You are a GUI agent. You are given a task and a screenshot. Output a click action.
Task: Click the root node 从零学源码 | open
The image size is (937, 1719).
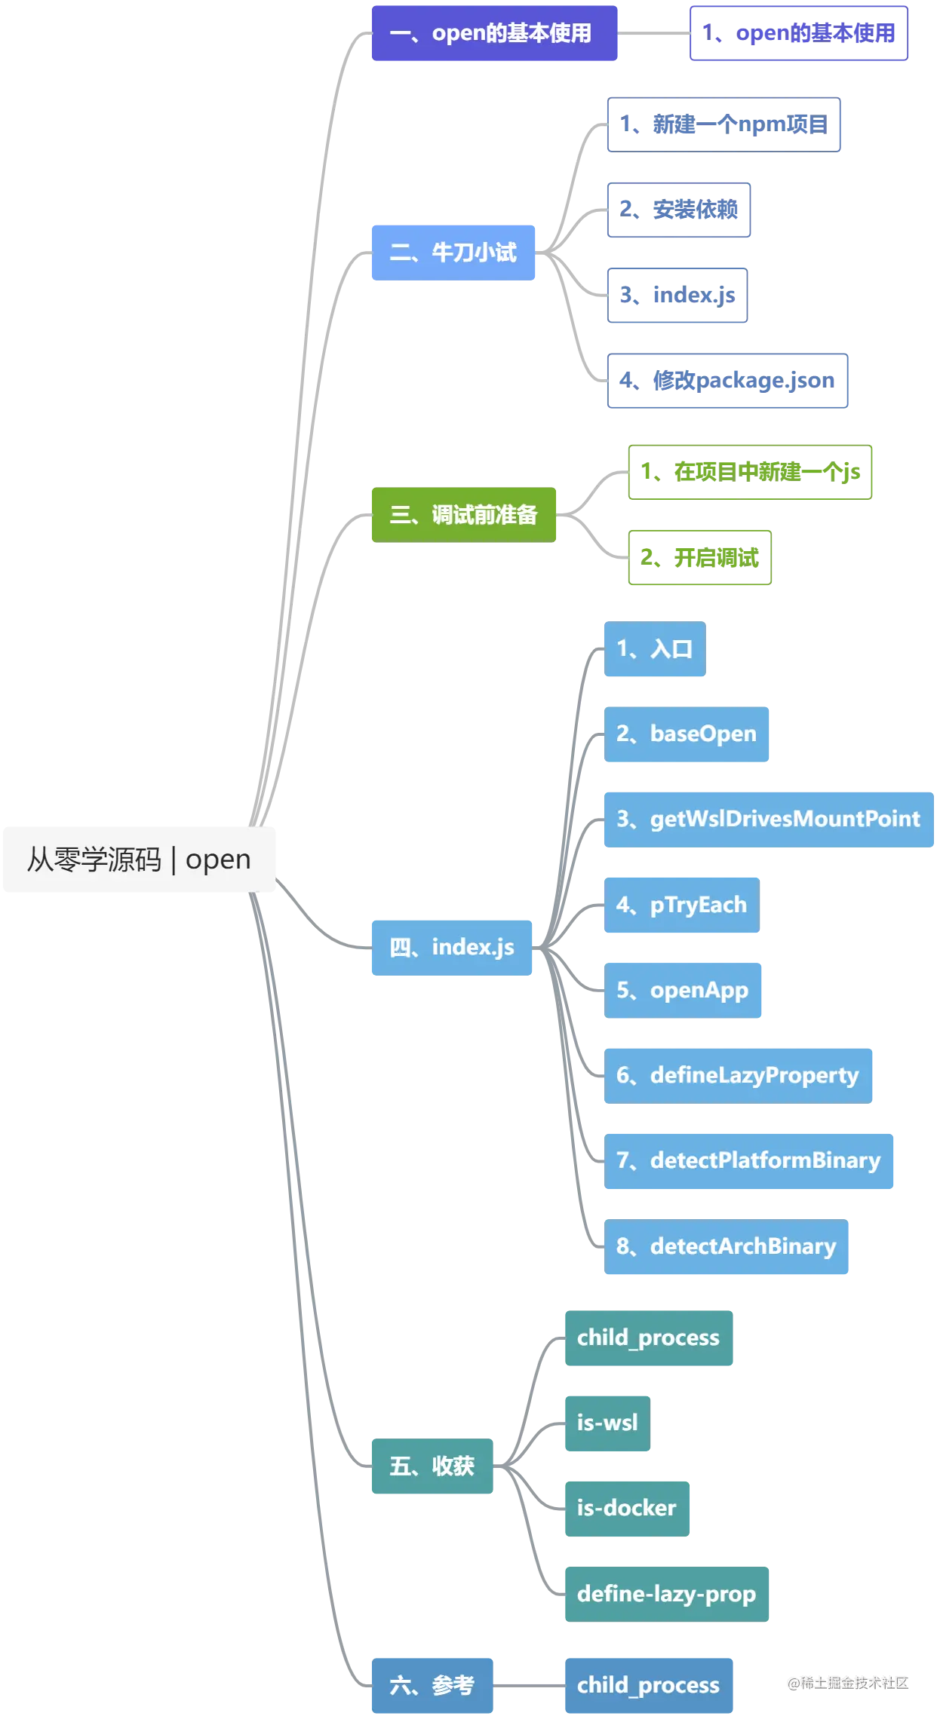[x=139, y=859]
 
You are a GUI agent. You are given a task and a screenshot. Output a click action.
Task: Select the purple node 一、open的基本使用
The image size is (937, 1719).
[x=494, y=33]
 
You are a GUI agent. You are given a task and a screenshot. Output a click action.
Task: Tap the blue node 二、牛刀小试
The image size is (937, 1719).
[x=453, y=253]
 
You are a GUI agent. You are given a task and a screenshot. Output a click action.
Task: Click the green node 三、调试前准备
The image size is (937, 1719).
[x=463, y=515]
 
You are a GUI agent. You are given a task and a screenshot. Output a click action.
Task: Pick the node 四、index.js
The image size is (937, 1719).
[x=452, y=947]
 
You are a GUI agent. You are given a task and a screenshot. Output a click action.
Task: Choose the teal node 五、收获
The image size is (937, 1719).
[x=432, y=1466]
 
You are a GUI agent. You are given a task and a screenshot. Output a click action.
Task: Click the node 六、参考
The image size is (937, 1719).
[x=432, y=1685]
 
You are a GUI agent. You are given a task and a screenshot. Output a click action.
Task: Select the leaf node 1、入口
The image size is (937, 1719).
[x=654, y=650]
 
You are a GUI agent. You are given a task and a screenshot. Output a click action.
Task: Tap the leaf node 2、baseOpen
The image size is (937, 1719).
[x=687, y=735]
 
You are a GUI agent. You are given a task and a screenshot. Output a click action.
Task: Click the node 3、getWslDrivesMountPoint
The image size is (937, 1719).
[x=769, y=820]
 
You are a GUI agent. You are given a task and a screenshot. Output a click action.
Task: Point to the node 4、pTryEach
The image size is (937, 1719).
[x=681, y=905]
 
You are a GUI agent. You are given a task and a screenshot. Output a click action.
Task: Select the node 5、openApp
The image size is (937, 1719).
[x=684, y=990]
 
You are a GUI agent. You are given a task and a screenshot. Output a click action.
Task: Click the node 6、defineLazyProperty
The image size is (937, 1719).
[x=739, y=1075]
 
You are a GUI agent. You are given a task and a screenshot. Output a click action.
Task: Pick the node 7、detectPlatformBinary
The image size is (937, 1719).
[x=750, y=1160]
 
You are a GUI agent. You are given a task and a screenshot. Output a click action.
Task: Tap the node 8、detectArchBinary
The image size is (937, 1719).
[x=727, y=1247]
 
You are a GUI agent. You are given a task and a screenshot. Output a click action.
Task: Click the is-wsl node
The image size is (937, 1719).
[x=607, y=1423]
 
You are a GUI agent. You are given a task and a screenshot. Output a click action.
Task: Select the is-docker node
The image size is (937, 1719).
[x=627, y=1508]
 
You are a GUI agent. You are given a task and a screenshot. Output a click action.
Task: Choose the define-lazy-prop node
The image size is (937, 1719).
[x=666, y=1593]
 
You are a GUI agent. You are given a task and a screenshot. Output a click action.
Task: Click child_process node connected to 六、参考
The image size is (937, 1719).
[x=648, y=1685]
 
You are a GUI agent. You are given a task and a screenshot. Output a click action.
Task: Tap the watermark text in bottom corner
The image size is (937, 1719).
[x=848, y=1681]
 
